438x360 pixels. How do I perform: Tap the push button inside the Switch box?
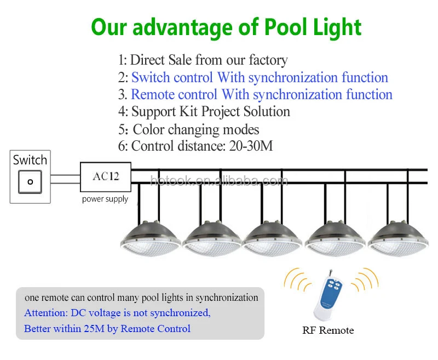(x=30, y=182)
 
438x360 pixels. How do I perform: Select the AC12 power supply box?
(x=106, y=177)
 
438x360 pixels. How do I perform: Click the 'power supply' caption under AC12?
(x=105, y=199)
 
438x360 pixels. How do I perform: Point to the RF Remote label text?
(x=328, y=330)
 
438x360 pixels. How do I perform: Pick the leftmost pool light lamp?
(x=150, y=238)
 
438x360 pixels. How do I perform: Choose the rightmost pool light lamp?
(x=398, y=238)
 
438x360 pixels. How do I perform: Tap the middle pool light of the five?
(x=272, y=238)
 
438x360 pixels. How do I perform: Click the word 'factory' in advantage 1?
(x=268, y=60)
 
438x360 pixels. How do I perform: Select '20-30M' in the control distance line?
(x=251, y=146)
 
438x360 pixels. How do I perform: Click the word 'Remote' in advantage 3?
(x=174, y=94)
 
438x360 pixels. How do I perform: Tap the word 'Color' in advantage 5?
(x=148, y=130)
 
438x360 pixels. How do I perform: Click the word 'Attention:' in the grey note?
(x=46, y=313)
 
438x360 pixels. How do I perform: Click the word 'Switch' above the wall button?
(x=30, y=160)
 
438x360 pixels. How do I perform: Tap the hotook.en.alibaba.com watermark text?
(x=219, y=181)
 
